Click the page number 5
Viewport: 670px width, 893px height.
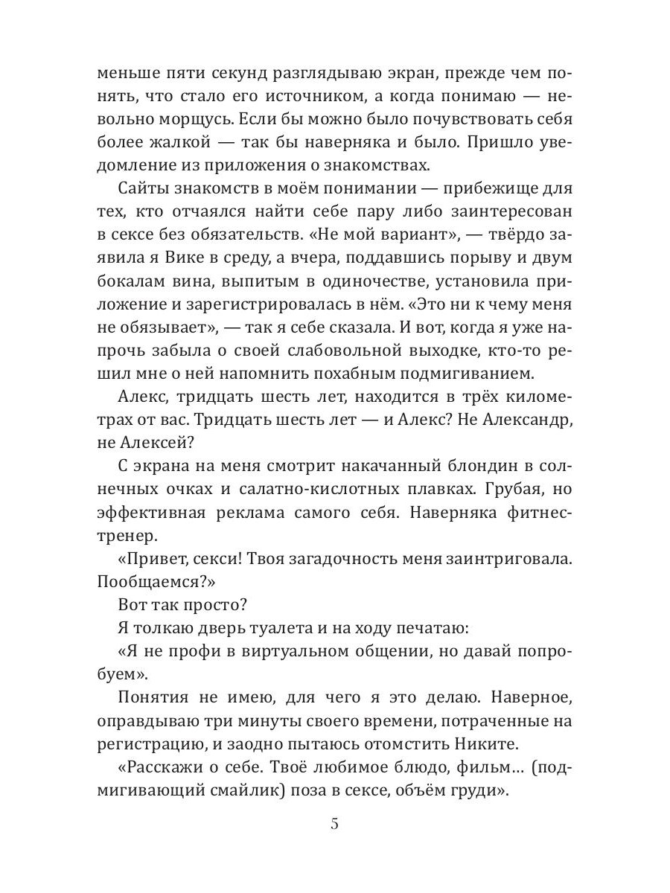pyautogui.click(x=334, y=824)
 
